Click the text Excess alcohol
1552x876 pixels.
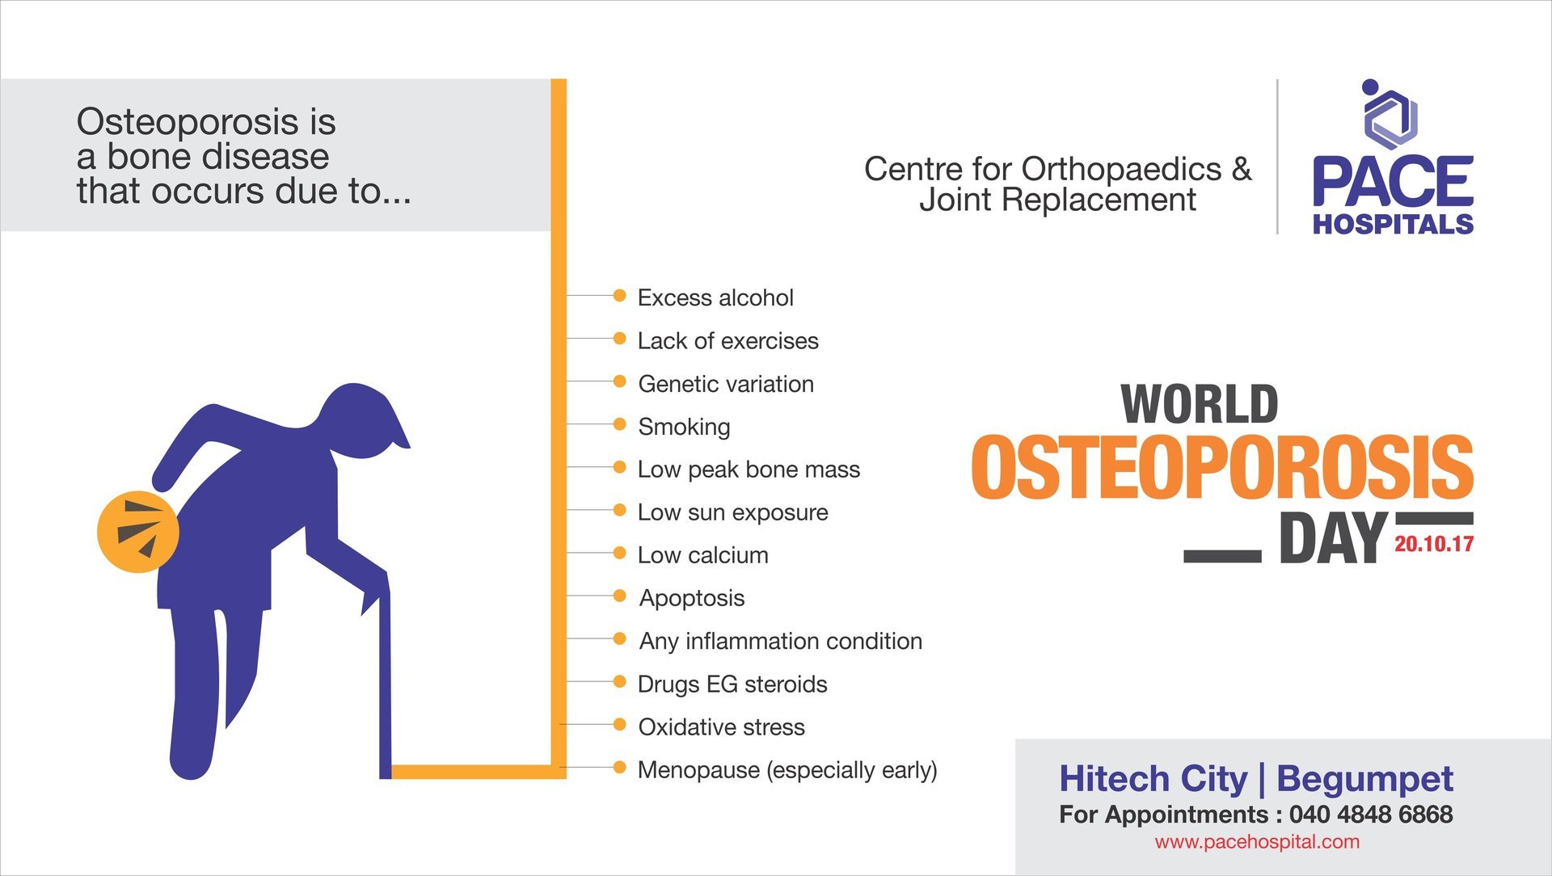715,297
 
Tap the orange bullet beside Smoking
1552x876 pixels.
619,424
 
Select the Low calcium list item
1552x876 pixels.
702,555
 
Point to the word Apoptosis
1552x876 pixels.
691,598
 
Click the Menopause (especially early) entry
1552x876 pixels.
787,769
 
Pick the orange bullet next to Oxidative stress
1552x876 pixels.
619,724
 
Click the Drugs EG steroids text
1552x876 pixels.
732,684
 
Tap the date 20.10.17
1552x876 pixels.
1433,544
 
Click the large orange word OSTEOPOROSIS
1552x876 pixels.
1221,468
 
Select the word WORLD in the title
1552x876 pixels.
1199,404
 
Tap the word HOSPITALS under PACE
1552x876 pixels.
1392,224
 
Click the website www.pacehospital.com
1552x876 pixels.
1256,841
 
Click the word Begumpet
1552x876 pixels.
1364,778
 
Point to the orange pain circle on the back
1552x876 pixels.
137,531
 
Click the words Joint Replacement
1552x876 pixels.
1056,200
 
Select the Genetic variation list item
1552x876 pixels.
725,384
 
